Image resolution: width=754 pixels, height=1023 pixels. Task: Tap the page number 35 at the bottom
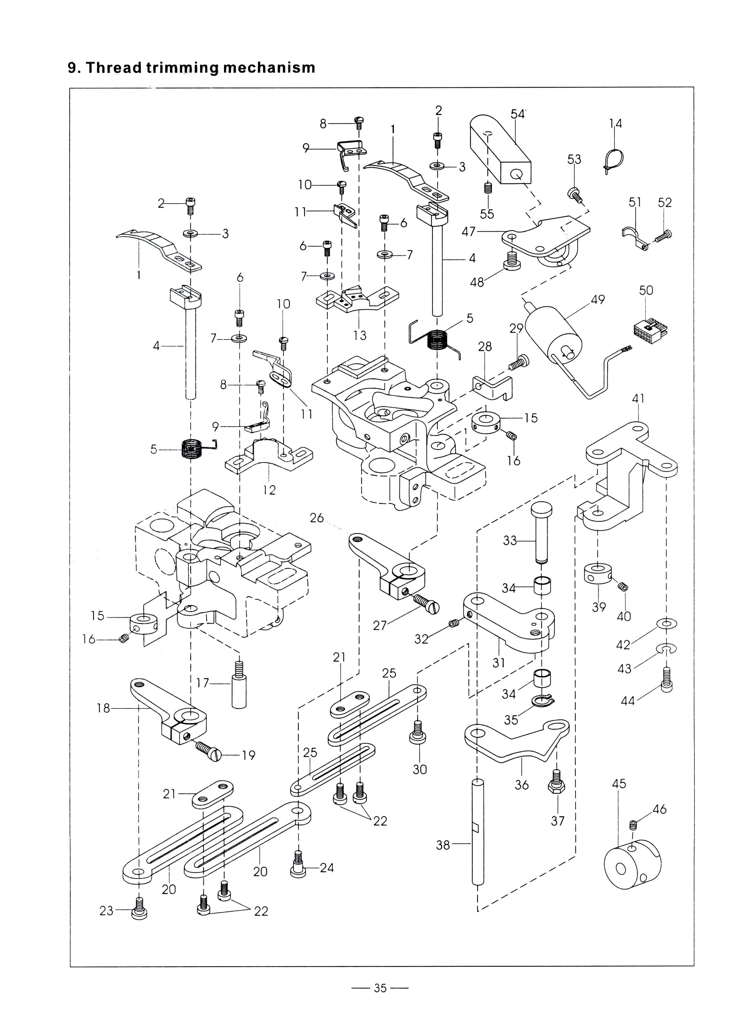click(380, 988)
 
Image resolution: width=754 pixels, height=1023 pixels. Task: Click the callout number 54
click(517, 114)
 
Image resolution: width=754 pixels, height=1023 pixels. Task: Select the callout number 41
click(638, 398)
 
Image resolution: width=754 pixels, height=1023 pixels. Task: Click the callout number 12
click(269, 490)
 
